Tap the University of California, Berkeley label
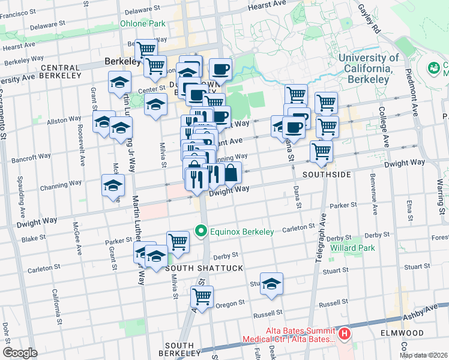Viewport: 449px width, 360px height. [x=369, y=63]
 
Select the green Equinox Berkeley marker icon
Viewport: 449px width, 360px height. [x=202, y=231]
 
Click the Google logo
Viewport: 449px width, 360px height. [x=20, y=353]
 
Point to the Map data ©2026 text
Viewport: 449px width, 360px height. [x=423, y=355]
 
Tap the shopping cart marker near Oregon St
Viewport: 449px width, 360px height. [x=202, y=297]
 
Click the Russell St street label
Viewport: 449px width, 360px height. [x=267, y=313]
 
